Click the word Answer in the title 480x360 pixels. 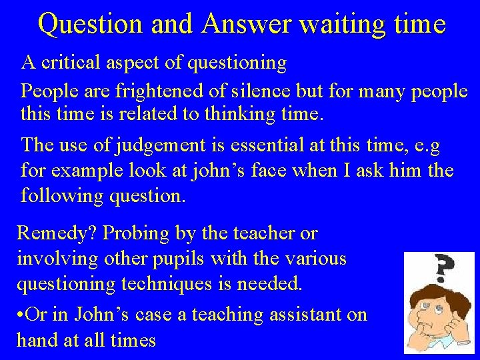246,24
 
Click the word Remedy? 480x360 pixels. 58,233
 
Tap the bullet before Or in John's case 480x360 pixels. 20,314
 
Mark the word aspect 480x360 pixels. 148,63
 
